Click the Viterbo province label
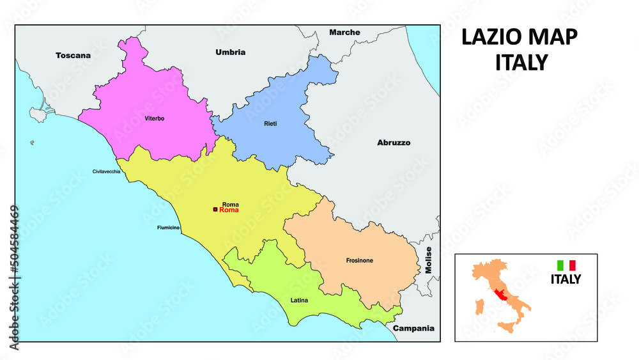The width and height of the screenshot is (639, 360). [154, 118]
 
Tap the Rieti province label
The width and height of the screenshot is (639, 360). [270, 123]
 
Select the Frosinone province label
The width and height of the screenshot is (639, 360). [359, 260]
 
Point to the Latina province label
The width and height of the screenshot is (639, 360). [299, 299]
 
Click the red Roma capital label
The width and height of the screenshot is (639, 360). [229, 210]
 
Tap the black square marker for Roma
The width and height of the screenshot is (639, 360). [215, 209]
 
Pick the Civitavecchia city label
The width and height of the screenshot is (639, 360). [106, 171]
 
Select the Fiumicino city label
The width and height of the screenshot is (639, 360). [169, 228]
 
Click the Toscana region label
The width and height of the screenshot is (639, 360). [73, 56]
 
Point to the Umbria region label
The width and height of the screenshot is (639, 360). [230, 52]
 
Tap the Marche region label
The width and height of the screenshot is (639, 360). [344, 32]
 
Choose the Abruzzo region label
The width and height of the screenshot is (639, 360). [394, 143]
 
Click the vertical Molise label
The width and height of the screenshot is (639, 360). [429, 260]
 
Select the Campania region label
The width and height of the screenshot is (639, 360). [413, 328]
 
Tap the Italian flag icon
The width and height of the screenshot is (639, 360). [566, 265]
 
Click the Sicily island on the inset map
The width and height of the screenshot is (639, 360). [507, 327]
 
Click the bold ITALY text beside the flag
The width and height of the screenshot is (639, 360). [566, 279]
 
